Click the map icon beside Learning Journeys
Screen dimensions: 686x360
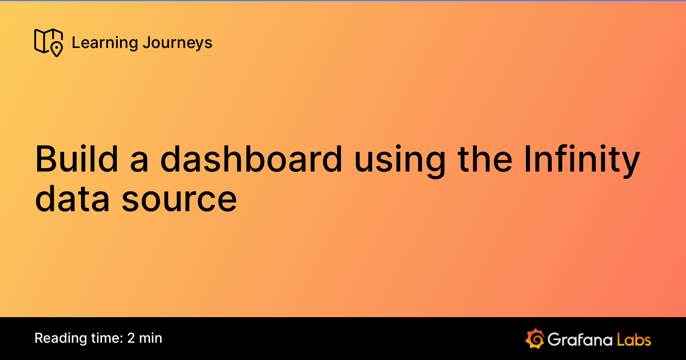coord(49,42)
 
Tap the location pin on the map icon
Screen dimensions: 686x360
coord(57,50)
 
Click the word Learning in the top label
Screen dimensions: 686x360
coord(105,43)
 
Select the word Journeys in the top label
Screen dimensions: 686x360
coord(177,43)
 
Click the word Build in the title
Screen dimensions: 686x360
coord(77,159)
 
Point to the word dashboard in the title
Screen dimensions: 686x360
coord(251,159)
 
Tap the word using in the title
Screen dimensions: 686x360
coord(400,162)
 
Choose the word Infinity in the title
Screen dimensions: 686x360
coord(582,161)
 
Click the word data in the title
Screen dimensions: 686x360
coord(72,198)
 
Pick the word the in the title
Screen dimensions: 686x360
coord(485,159)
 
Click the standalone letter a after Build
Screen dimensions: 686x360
coord(139,162)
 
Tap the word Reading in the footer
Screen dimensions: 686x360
coord(61,338)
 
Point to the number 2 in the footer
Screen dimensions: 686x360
coord(131,338)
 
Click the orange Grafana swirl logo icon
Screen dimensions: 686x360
coord(535,338)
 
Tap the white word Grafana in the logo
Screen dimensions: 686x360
coord(580,339)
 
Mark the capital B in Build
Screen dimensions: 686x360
coord(46,159)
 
